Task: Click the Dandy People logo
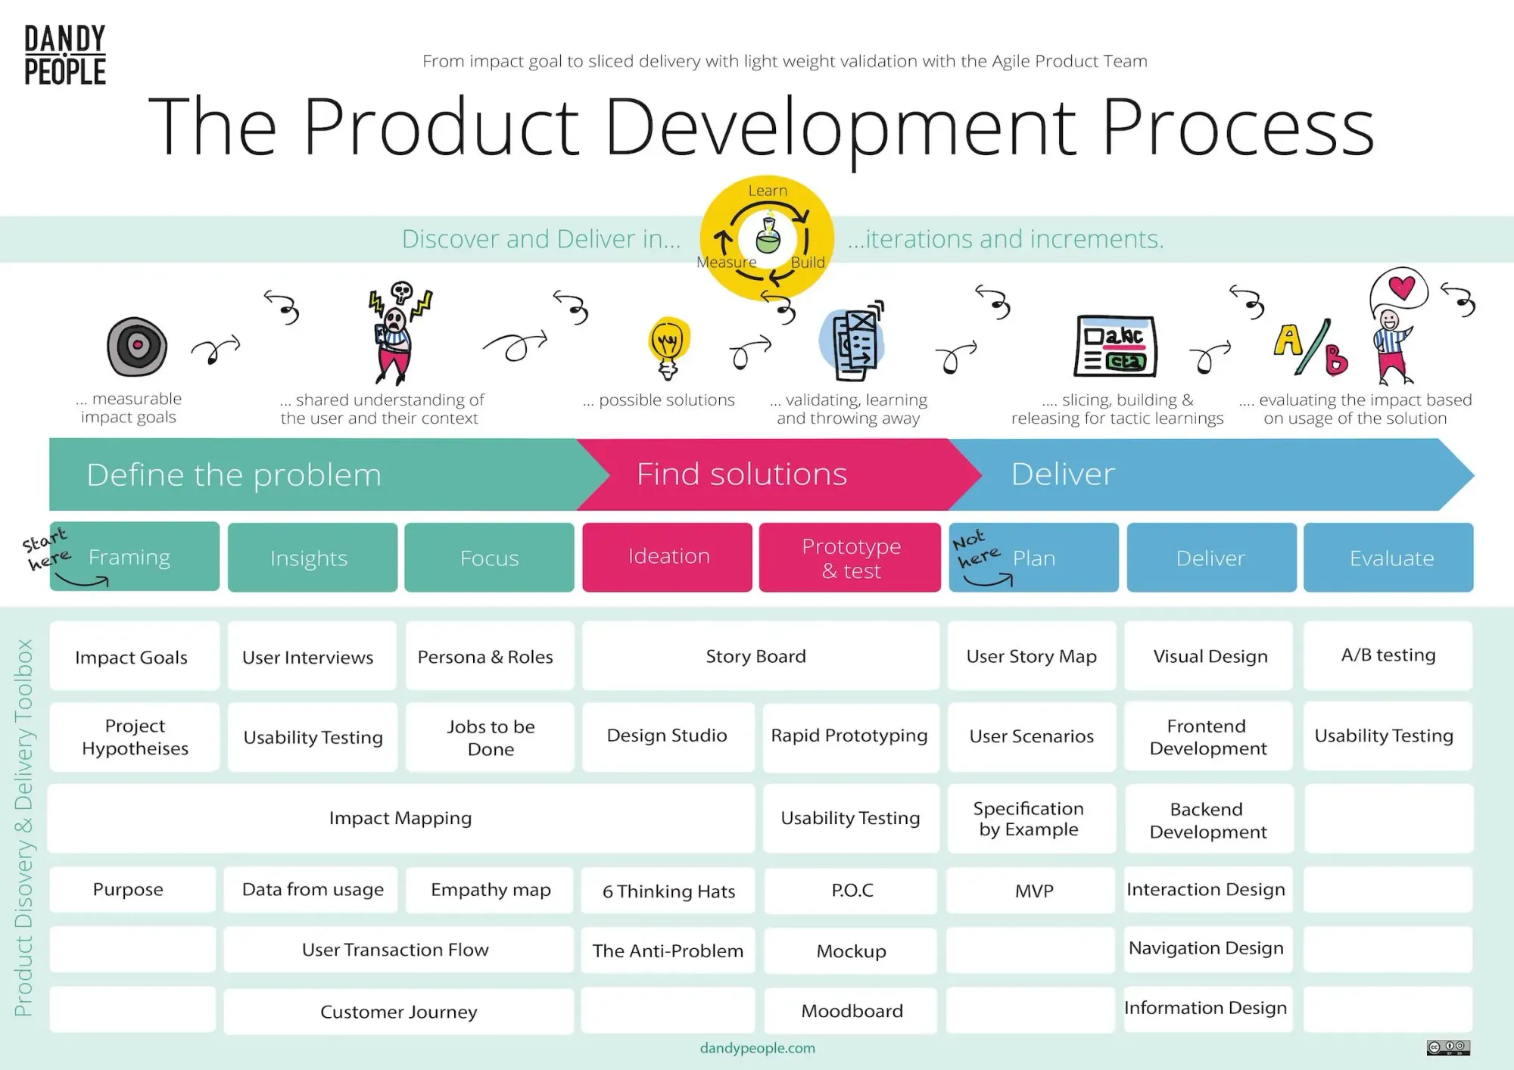point(65,54)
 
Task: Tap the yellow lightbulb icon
point(668,347)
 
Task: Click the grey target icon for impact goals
point(137,347)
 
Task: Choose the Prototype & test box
point(850,558)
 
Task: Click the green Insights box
point(312,558)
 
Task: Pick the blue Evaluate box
point(1388,558)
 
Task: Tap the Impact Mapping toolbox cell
point(400,818)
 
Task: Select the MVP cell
point(1033,891)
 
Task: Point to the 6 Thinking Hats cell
point(668,891)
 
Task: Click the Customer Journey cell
point(399,1012)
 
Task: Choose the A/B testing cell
point(1388,655)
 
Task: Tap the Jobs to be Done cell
point(491,737)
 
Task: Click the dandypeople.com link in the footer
point(757,1048)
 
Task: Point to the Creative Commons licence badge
point(1447,1047)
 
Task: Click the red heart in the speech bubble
point(1401,287)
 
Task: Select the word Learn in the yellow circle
point(768,191)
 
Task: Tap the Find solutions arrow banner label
point(742,474)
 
